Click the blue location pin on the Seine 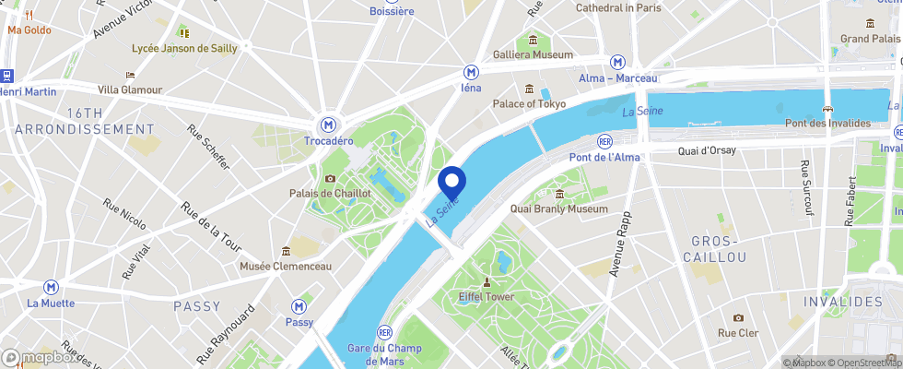451,181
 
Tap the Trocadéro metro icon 328,124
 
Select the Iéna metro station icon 471,72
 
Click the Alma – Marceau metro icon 617,62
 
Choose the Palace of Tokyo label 529,103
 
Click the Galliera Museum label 533,54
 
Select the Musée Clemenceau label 285,267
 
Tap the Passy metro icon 299,306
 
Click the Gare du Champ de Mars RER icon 385,332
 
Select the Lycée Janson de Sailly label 184,48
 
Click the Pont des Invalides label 827,124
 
